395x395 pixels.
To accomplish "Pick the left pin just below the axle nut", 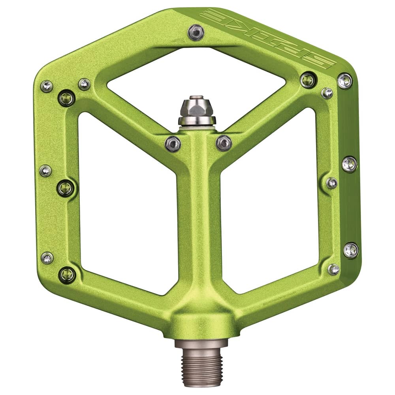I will coord(173,143).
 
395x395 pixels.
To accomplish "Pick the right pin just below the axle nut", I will coord(224,143).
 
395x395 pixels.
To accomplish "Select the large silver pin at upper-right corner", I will coord(345,81).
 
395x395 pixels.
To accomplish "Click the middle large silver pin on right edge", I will coord(349,164).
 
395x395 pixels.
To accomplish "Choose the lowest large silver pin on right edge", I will coord(351,250).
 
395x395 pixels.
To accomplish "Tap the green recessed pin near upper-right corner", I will coord(308,80).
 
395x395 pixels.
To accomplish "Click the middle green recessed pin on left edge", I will coord(66,188).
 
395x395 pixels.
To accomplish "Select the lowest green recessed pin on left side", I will coord(67,274).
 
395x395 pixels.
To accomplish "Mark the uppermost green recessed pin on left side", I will coord(66,97).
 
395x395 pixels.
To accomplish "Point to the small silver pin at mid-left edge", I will coord(45,171).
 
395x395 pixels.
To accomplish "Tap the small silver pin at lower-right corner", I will coord(334,269).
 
